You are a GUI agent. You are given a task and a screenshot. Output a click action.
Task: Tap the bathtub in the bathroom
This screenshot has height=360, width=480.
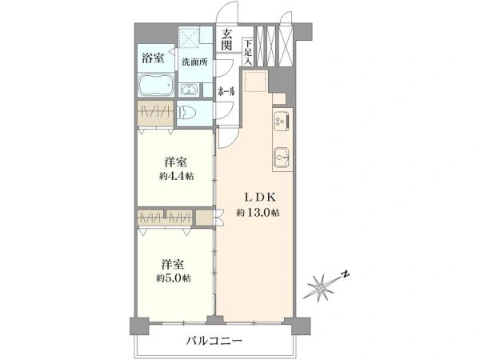tap(154, 86)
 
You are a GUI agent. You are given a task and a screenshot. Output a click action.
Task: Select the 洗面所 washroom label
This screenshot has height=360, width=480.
tap(195, 62)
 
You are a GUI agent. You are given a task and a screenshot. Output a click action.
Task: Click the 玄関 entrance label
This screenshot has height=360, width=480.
tap(227, 39)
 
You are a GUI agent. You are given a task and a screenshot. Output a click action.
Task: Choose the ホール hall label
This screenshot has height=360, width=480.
tap(226, 90)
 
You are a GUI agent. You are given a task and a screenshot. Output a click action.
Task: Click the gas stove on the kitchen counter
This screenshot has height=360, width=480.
tap(280, 122)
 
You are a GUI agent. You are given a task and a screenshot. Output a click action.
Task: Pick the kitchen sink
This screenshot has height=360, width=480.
tap(281, 156)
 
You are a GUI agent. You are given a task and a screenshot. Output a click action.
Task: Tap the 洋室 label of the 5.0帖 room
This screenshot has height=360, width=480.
tap(174, 263)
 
